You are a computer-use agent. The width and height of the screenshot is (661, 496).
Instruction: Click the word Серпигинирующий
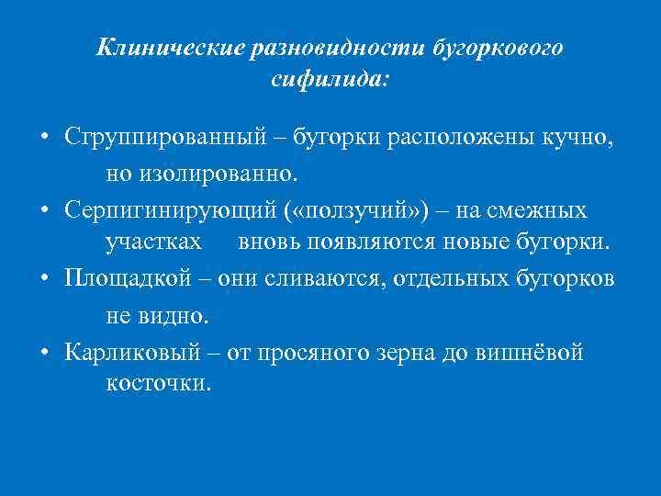coord(171,210)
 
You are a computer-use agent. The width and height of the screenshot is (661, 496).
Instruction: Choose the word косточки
coord(158,383)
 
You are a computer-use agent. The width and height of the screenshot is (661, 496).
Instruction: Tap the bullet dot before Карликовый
coord(45,352)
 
